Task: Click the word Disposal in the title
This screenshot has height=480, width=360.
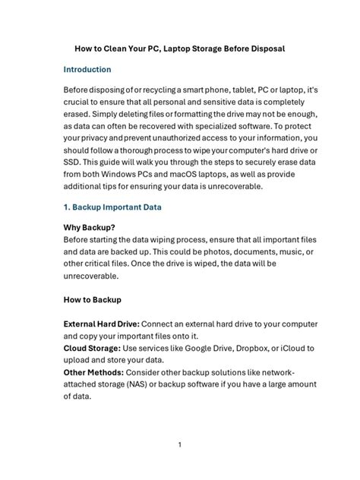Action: [263, 49]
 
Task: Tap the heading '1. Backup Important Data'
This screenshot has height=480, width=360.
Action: [112, 207]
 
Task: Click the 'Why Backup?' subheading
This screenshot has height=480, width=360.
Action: [89, 226]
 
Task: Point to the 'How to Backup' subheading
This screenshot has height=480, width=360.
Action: [92, 299]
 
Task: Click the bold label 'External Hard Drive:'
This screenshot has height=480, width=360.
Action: [106, 324]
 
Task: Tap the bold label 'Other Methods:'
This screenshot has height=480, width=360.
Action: [93, 372]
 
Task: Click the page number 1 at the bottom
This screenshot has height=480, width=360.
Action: [179, 444]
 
